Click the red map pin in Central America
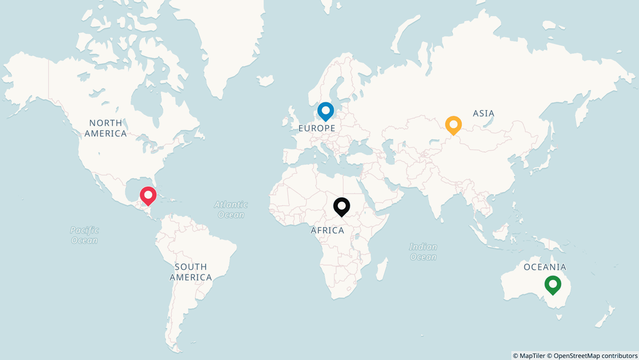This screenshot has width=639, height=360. [148, 195]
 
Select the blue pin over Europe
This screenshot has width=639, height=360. [326, 111]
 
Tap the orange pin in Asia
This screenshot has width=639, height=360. [453, 125]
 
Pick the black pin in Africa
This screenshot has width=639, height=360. [342, 206]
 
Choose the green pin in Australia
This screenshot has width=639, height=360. [553, 284]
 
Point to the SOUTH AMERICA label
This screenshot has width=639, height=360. [190, 272]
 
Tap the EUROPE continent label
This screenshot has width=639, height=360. [317, 128]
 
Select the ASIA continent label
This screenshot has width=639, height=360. [484, 113]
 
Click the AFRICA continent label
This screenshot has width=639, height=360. [327, 230]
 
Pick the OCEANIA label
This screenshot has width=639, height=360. [544, 267]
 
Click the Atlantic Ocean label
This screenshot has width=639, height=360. [231, 209]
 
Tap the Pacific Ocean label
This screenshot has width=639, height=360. [84, 235]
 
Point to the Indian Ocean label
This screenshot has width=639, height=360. [423, 251]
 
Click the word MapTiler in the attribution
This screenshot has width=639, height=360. [533, 355]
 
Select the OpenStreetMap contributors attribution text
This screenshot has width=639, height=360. [594, 355]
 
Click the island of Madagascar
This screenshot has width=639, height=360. [381, 269]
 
